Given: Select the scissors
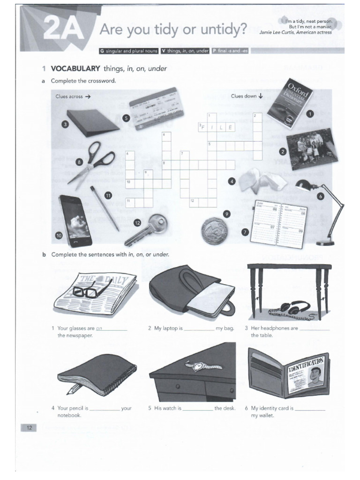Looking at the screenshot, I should click(92, 162).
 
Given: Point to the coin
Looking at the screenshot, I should click(214, 231).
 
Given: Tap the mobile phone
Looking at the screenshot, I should click(75, 220).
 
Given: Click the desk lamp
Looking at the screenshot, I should click(323, 209).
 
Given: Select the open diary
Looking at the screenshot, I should click(279, 223).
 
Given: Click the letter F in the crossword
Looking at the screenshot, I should click(203, 127).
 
